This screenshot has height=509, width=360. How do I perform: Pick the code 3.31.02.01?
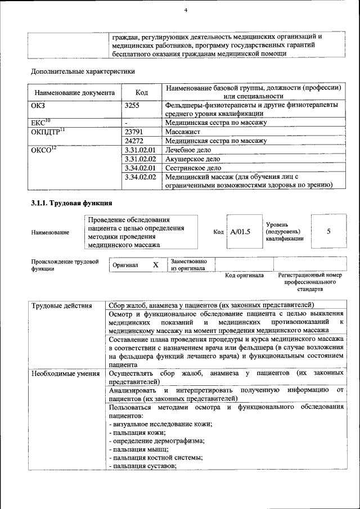click(139, 150)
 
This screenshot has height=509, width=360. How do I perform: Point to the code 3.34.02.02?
click(139, 177)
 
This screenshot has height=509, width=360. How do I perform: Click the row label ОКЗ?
click(38, 105)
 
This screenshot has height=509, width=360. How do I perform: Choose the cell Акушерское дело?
click(192, 159)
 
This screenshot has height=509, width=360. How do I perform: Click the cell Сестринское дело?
click(193, 168)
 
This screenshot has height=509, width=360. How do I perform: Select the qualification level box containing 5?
click(328, 231)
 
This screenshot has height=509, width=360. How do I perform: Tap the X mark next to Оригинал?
click(156, 264)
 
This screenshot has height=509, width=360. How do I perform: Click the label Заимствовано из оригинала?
click(188, 265)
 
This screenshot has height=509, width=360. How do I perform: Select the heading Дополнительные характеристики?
click(83, 71)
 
